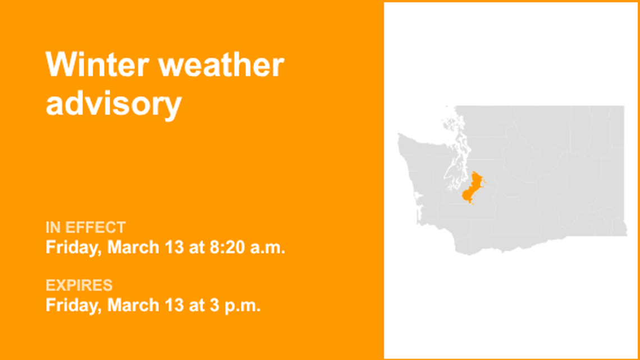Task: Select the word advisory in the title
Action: point(113,103)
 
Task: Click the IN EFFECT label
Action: point(85,227)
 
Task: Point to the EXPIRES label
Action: point(79,285)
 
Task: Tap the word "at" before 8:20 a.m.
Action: point(196,247)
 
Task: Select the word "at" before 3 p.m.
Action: point(196,305)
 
